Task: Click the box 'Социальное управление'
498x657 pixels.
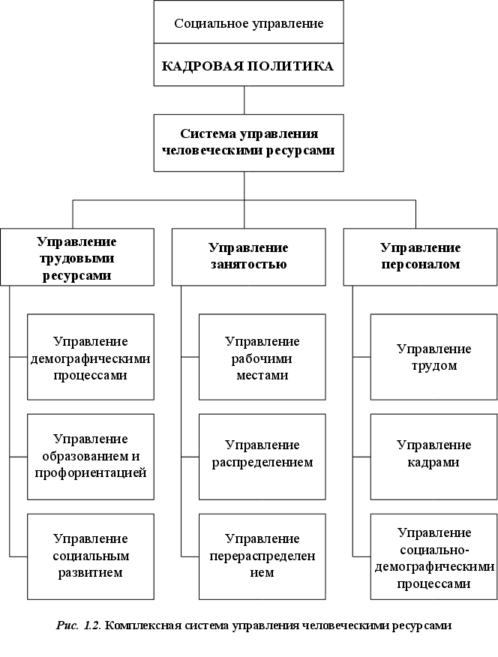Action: [248, 23]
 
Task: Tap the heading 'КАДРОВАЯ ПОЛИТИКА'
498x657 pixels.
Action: [248, 66]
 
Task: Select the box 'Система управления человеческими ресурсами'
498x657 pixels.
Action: [248, 142]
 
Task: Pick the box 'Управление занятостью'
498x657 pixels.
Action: [248, 256]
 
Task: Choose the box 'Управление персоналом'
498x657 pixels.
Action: [420, 256]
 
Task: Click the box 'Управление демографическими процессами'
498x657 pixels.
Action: [90, 357]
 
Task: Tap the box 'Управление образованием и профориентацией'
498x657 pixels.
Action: [90, 456]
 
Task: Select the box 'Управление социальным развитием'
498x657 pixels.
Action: [90, 556]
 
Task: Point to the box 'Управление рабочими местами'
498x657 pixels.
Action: [262, 357]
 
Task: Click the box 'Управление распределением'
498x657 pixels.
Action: [262, 456]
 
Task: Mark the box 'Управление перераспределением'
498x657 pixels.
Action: [262, 556]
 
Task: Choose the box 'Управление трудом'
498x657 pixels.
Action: [433, 357]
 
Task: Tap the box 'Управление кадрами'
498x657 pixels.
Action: [433, 456]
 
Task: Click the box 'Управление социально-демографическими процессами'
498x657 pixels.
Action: [433, 556]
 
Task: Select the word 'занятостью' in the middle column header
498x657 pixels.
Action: [248, 264]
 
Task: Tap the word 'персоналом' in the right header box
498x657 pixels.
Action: [420, 264]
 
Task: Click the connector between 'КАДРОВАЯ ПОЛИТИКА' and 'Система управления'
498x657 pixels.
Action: [245, 100]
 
